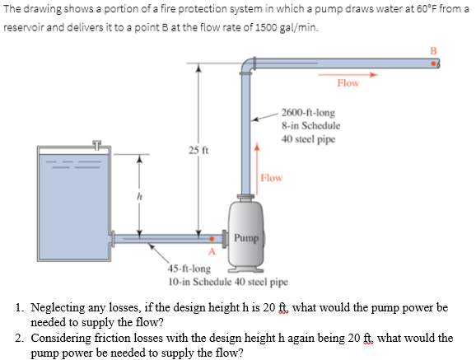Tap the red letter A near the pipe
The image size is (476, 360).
pos(212,251)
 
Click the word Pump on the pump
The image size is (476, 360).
pos(245,237)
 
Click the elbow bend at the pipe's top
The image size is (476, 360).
pos(249,64)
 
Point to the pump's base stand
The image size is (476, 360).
pos(246,267)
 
